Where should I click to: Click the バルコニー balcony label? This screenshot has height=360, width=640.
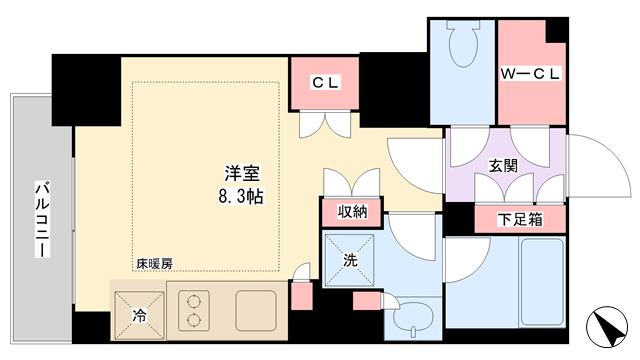[x=42, y=219]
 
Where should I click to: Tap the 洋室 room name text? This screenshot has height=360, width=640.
[x=242, y=174]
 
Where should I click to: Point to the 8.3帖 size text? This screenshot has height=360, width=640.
[x=241, y=196]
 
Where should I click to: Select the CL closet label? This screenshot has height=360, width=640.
[x=325, y=83]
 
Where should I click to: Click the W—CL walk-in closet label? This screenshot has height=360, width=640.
[x=531, y=74]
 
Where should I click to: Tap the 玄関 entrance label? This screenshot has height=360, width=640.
[x=503, y=166]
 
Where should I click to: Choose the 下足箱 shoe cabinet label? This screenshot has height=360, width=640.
[x=520, y=220]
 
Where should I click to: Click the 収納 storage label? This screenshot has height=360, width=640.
[x=352, y=211]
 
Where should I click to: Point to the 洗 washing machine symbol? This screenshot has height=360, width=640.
[x=349, y=260]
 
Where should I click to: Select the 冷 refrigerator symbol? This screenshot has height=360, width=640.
[x=139, y=315]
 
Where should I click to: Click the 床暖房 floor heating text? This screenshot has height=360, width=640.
[x=154, y=264]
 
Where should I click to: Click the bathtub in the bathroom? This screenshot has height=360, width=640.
[x=542, y=282]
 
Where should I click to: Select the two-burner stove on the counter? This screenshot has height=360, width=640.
[x=193, y=311]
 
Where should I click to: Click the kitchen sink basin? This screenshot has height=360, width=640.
[x=256, y=311]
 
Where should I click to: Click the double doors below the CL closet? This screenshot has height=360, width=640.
[x=325, y=124]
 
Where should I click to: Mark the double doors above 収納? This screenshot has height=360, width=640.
[x=352, y=182]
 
